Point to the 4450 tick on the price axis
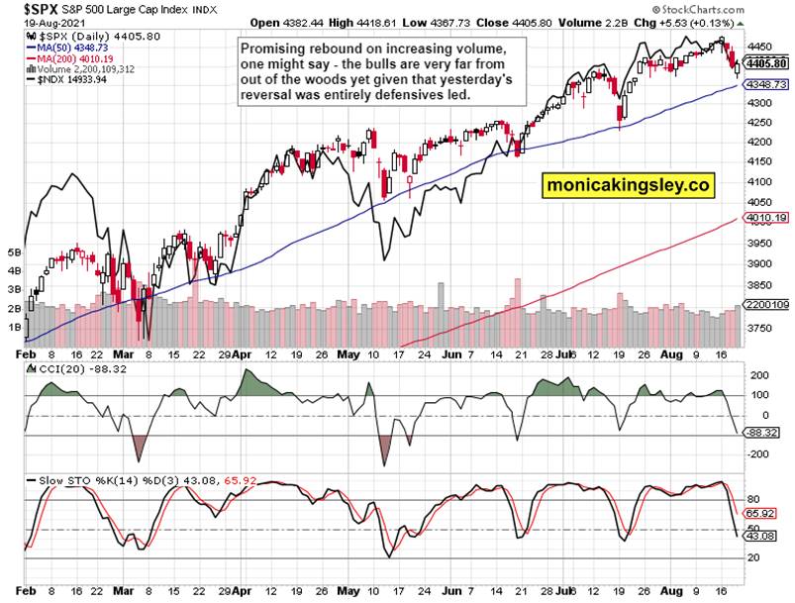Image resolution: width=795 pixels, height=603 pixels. point(760,47)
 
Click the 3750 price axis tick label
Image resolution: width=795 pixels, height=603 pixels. point(760,327)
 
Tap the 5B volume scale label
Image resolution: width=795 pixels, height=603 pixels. point(12,252)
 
